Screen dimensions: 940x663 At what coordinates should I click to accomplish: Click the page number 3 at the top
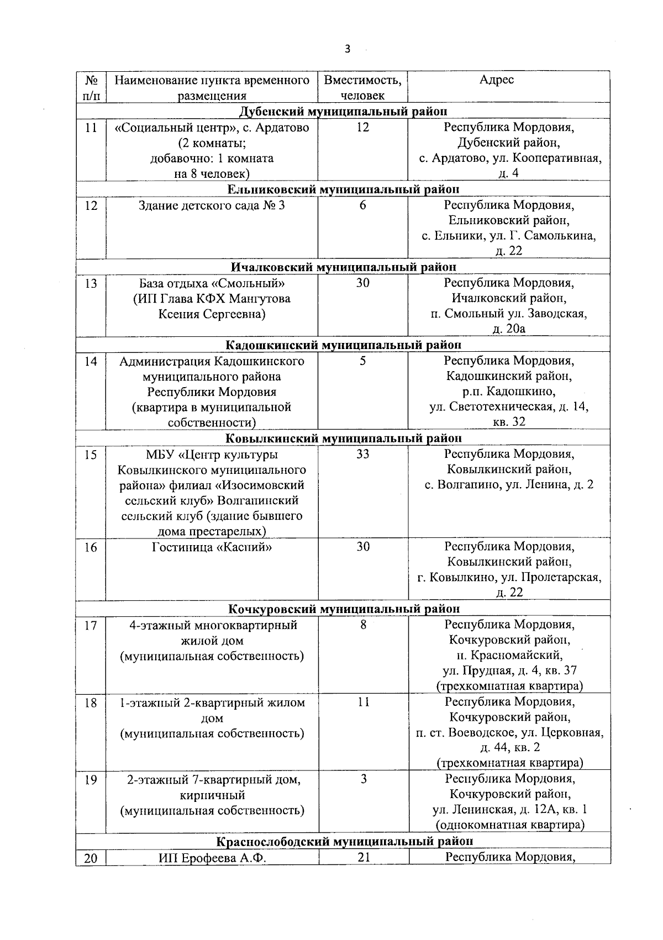tap(347, 49)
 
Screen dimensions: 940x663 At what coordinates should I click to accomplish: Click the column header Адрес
tap(496, 80)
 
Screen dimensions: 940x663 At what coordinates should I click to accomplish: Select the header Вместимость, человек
tap(362, 87)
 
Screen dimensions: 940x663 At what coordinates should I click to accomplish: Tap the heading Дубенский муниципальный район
tap(343, 112)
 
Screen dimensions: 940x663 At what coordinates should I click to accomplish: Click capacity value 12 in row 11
tap(362, 128)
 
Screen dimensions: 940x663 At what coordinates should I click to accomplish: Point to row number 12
tap(91, 205)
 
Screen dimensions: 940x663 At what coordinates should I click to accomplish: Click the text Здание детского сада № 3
tap(212, 205)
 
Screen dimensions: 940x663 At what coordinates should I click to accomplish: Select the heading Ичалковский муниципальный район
tap(343, 267)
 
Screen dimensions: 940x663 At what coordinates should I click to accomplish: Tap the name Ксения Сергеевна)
tap(212, 314)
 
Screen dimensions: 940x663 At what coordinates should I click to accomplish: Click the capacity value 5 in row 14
tap(362, 361)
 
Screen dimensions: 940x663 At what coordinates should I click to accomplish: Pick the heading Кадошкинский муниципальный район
tap(343, 345)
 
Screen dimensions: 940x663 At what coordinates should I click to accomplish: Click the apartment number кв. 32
tap(508, 422)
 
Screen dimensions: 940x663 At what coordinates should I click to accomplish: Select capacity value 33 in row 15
tap(362, 454)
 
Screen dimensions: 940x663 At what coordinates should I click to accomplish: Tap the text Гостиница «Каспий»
tap(212, 547)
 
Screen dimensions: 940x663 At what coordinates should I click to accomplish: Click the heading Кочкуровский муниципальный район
tap(343, 609)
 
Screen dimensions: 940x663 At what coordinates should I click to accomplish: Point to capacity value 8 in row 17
tap(363, 625)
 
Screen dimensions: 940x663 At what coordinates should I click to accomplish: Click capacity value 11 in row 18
tap(363, 703)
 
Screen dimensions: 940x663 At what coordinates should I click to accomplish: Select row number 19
tap(91, 780)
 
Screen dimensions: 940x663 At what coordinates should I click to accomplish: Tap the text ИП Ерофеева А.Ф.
tap(212, 858)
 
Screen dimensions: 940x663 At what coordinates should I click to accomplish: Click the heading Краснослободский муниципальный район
tap(343, 841)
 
